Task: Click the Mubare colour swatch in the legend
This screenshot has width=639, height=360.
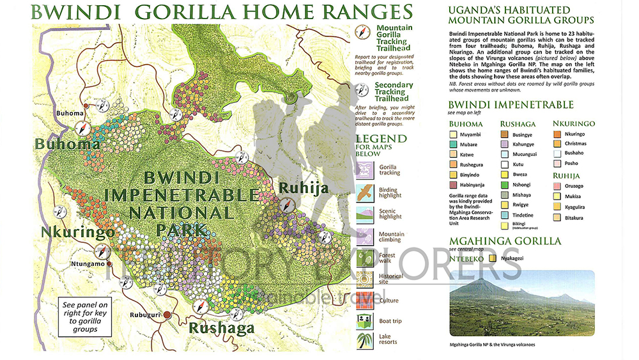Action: click(x=454, y=145)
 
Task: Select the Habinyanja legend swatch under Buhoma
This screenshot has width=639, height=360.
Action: click(x=454, y=185)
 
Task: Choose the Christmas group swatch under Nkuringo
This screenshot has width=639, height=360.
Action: click(x=557, y=144)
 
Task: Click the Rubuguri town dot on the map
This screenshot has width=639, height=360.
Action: click(x=167, y=315)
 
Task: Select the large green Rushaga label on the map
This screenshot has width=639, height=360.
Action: click(x=220, y=329)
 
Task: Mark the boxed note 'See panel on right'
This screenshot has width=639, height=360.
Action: click(x=85, y=316)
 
